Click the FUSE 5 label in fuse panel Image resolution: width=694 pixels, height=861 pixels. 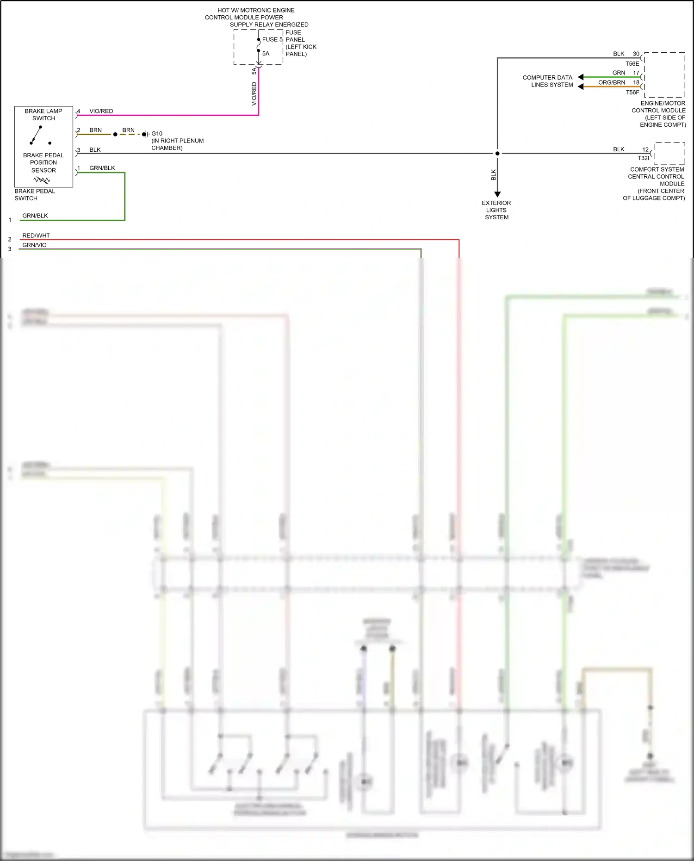point(272,40)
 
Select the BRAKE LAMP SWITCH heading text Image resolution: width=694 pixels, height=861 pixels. point(43,115)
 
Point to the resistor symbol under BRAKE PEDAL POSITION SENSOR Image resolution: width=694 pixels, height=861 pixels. point(42,180)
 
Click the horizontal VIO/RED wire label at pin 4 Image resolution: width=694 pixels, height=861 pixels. point(101,111)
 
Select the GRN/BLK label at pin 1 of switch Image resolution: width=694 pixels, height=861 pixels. point(102,168)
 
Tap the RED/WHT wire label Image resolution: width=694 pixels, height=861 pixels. point(36,235)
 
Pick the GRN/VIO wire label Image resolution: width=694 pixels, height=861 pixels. point(34,245)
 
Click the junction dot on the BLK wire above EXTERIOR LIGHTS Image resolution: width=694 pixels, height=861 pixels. point(497,154)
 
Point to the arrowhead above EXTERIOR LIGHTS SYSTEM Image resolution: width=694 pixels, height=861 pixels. point(497,194)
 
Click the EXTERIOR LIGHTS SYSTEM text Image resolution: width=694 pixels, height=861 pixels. point(496,210)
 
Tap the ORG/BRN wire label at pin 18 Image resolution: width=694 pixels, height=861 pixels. point(612,82)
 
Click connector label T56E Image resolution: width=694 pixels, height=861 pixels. point(632,64)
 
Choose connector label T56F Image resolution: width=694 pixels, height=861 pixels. point(632,93)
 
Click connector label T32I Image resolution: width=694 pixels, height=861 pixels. point(643,158)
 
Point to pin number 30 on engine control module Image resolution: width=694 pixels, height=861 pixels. point(636,54)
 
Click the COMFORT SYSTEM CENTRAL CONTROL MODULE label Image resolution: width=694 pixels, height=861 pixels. point(655,184)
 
